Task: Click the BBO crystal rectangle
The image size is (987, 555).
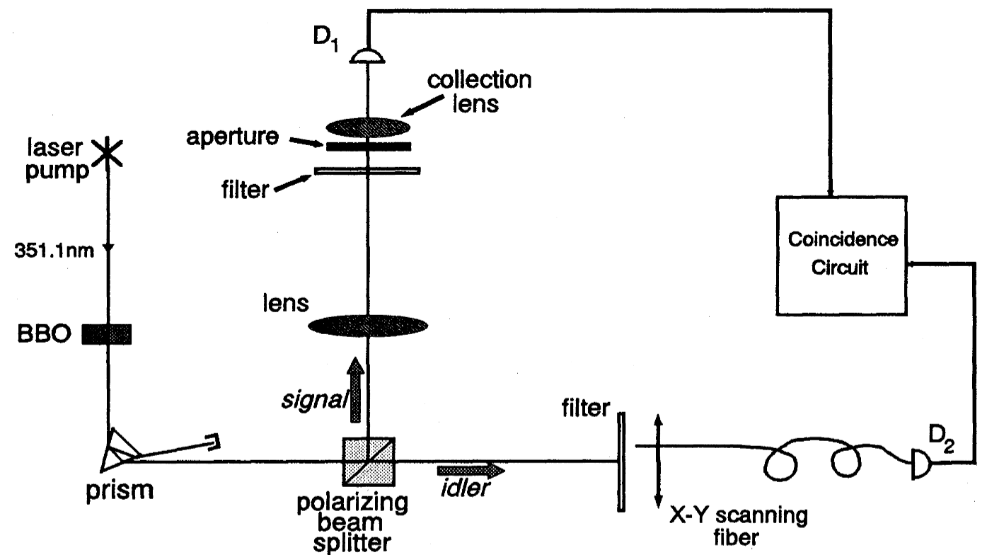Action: click(107, 333)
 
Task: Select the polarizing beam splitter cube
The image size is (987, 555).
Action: click(369, 462)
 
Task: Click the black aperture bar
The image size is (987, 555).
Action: click(369, 147)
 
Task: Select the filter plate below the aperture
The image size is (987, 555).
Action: click(369, 171)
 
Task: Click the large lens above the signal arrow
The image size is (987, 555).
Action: click(369, 326)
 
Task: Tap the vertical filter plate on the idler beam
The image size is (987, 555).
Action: click(621, 462)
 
